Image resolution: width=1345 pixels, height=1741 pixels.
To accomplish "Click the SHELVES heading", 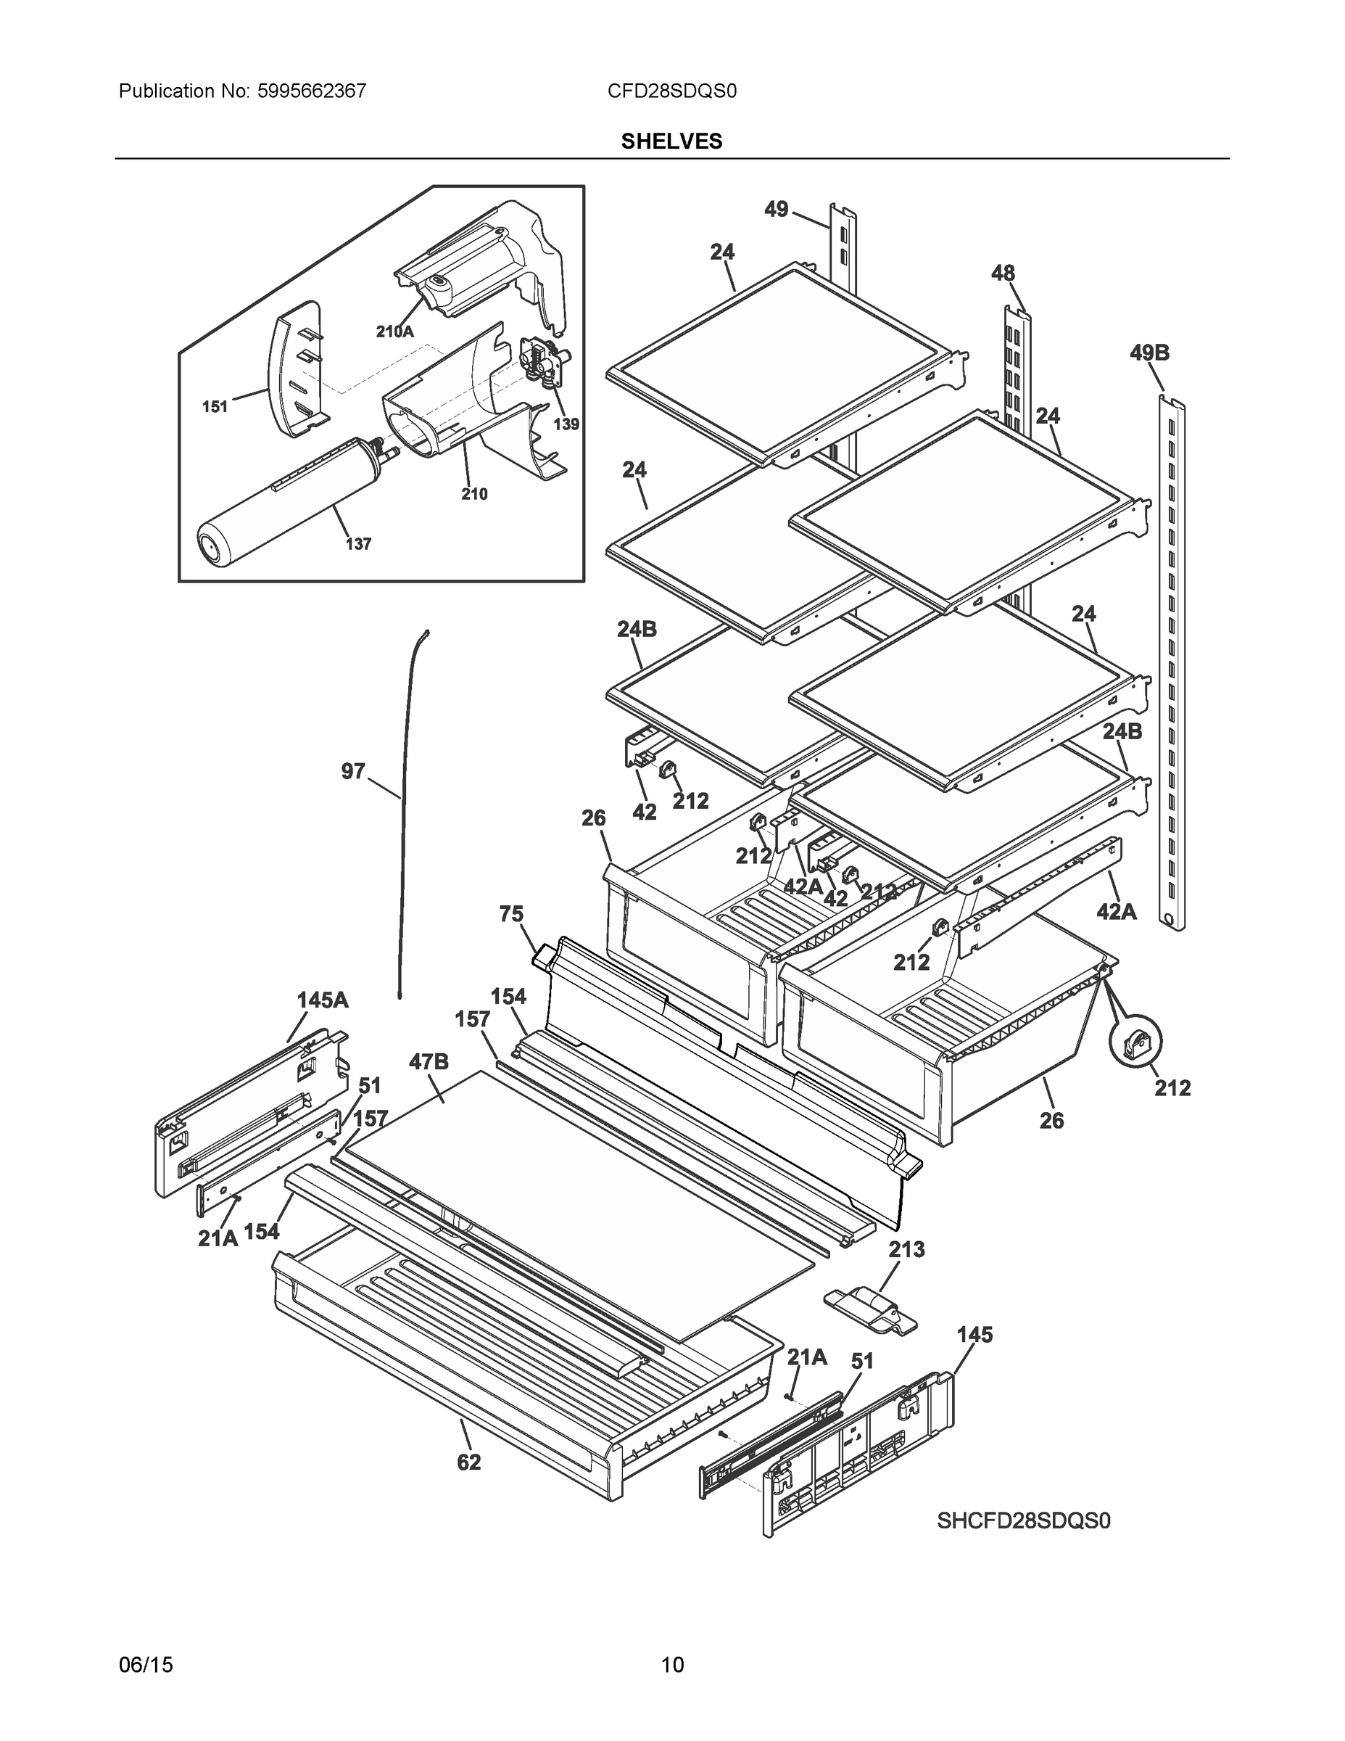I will (671, 141).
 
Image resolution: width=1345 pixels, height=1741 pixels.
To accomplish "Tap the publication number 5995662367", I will (312, 91).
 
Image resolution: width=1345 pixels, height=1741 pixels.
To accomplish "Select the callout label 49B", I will (1149, 353).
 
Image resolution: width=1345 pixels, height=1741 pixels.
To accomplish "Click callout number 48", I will (1002, 273).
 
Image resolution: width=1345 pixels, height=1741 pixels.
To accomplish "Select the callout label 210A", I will (394, 332).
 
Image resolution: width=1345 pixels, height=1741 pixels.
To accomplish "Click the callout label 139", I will (566, 424).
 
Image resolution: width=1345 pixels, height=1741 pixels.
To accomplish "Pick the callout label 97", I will (353, 771).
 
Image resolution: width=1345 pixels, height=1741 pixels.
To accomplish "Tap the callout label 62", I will (468, 1462).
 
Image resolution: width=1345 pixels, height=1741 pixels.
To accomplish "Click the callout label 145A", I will (322, 1000).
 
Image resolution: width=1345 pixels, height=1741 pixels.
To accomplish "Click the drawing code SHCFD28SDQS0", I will (1023, 1521).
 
